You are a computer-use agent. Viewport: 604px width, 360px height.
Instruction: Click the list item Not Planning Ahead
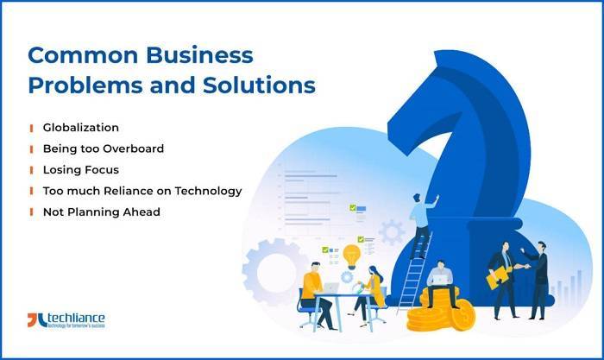[101, 212]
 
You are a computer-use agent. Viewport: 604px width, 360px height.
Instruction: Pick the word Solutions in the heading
[267, 86]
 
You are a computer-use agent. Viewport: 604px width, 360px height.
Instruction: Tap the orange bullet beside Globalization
[31, 128]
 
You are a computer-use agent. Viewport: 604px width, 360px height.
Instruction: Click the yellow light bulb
[351, 255]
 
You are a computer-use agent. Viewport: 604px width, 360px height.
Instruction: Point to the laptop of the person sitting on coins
[441, 277]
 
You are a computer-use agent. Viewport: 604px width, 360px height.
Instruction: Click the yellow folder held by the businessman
[498, 276]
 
